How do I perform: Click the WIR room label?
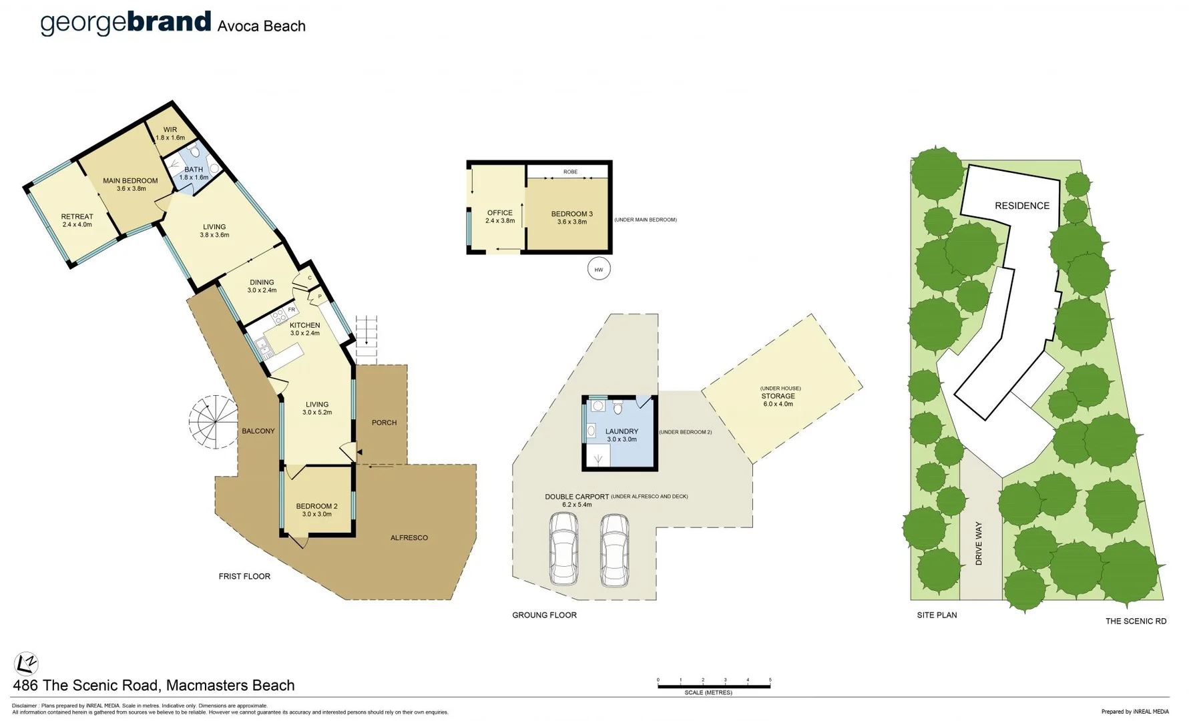[170, 130]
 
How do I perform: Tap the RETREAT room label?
[77, 216]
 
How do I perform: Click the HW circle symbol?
[599, 270]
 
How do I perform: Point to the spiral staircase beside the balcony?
[213, 422]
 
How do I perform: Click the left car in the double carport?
[564, 549]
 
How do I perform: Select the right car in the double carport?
[614, 549]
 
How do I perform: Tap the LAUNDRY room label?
[622, 431]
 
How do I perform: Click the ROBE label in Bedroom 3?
[570, 172]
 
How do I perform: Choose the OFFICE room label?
[499, 213]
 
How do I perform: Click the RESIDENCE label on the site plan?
[1022, 206]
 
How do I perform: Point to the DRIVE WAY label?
[979, 543]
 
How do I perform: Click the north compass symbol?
[26, 664]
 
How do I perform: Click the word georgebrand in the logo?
[126, 23]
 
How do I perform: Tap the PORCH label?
[384, 423]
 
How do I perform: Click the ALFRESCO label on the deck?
[409, 537]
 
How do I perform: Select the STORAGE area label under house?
[778, 396]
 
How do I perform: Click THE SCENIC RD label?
[1136, 621]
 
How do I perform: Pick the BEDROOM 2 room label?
[316, 506]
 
